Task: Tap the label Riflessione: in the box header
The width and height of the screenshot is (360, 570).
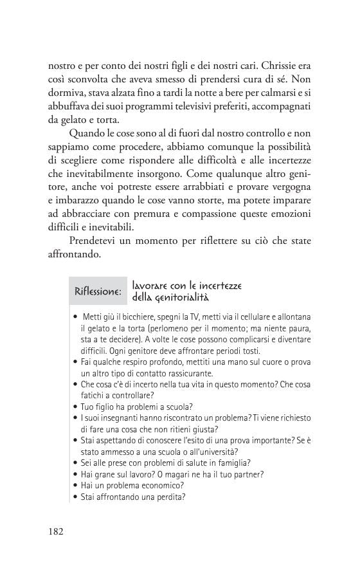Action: point(98,291)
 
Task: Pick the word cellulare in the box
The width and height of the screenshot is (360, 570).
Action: point(253,318)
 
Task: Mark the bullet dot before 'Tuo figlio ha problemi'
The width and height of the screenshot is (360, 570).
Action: point(76,407)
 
